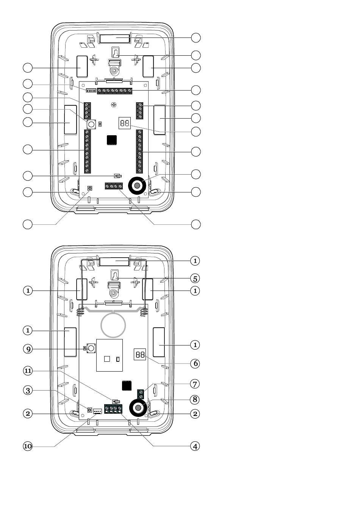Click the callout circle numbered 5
tap(195, 278)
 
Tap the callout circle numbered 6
tap(195, 363)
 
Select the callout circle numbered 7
tap(195, 384)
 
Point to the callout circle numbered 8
tap(195, 399)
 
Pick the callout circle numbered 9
tap(28, 349)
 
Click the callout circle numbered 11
tap(28, 370)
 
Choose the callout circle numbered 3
tap(28, 390)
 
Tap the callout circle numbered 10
tap(28, 446)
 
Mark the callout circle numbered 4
tap(195, 446)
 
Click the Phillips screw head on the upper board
tap(114, 105)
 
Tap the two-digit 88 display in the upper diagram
tap(125, 123)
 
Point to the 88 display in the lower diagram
tap(140, 354)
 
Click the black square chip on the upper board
tap(112, 140)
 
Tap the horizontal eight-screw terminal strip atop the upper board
tap(114, 91)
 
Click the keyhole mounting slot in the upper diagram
tap(116, 52)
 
